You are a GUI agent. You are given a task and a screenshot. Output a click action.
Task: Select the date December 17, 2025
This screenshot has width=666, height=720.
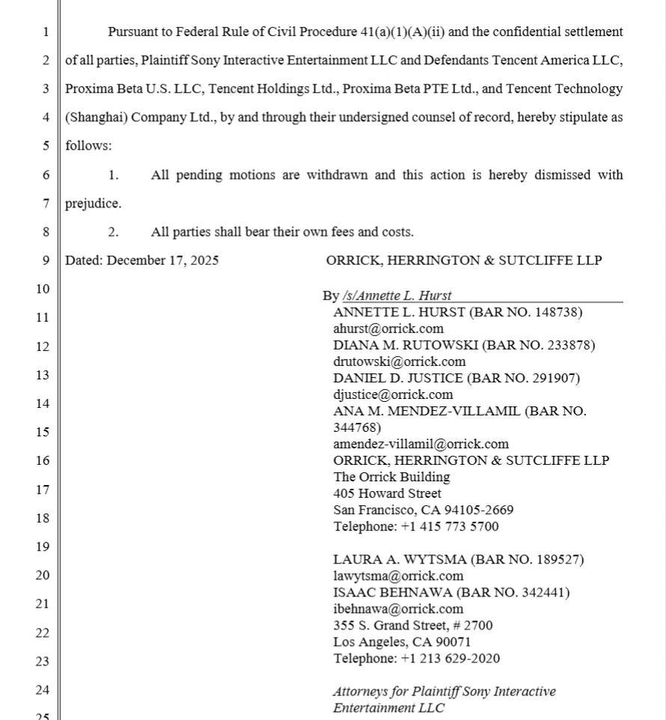click(x=162, y=260)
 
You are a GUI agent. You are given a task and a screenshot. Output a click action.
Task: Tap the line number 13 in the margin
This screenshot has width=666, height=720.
click(x=45, y=375)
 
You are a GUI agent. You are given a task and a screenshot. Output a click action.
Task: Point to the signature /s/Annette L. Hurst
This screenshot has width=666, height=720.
click(x=397, y=296)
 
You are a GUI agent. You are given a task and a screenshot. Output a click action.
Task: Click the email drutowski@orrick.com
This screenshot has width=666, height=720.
click(x=399, y=361)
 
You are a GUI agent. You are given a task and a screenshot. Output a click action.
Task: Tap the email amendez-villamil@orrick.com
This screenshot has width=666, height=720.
click(x=421, y=444)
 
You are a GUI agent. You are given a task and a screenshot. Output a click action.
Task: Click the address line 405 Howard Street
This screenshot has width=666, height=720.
click(x=387, y=493)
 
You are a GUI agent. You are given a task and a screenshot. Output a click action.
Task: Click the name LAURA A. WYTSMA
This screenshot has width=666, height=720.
click(x=391, y=559)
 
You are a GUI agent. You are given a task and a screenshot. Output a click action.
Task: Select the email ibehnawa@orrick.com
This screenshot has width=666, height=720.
click(x=398, y=608)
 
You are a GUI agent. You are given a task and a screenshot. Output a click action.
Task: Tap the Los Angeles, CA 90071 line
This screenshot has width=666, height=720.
click(x=402, y=641)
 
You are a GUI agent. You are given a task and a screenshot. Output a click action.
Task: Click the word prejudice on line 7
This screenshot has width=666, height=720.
click(x=92, y=204)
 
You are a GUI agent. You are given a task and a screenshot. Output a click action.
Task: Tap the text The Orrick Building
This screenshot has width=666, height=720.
click(x=391, y=477)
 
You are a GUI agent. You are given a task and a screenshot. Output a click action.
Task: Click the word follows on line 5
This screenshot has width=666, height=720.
click(x=87, y=146)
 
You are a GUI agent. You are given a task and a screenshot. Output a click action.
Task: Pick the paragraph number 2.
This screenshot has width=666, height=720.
click(x=113, y=232)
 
